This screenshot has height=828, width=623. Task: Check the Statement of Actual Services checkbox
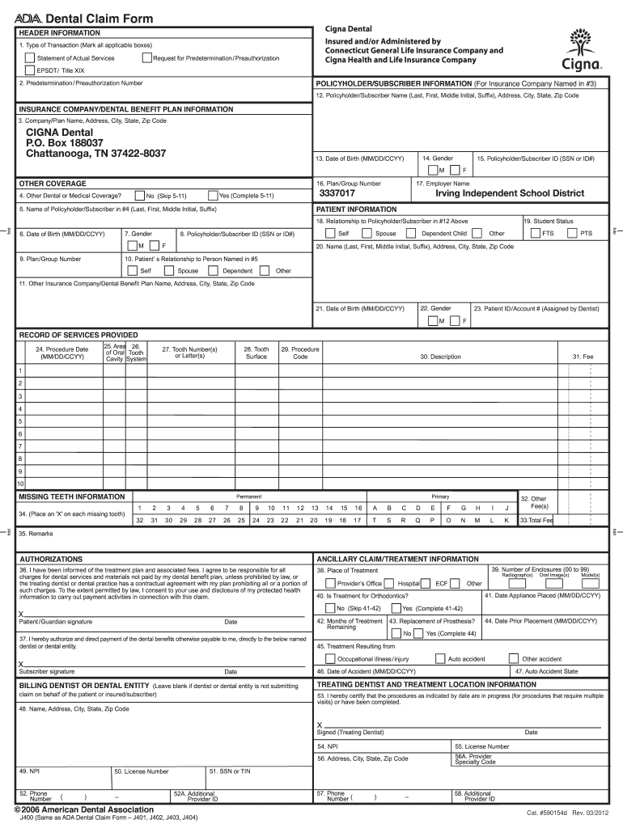[x=30, y=58]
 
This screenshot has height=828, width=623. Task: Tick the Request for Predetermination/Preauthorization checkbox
[x=146, y=58]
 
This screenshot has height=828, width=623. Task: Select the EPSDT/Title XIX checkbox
[x=30, y=70]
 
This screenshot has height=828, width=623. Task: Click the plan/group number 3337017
[x=337, y=195]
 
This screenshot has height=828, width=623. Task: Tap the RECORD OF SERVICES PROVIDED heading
[x=78, y=335]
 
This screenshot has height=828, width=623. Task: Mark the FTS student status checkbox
[x=535, y=233]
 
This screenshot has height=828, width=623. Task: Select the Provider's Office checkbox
[x=330, y=583]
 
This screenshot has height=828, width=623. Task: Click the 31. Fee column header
[x=583, y=357]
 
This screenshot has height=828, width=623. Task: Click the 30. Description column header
[x=440, y=357]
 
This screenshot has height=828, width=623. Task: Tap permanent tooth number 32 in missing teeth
[x=141, y=521]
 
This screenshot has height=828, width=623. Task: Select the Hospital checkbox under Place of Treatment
[x=391, y=583]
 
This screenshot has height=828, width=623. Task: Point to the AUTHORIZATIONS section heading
[x=50, y=559]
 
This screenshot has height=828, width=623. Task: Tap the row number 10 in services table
[x=20, y=484]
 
